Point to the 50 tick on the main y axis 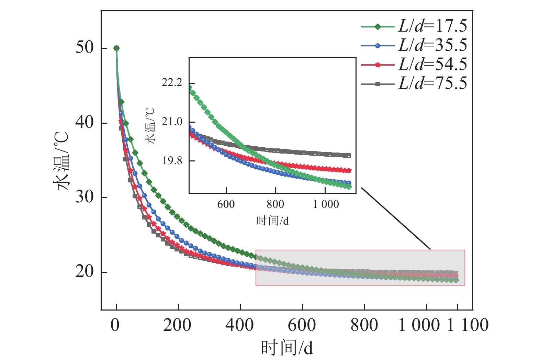[84, 48]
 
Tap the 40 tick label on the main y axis [84, 123]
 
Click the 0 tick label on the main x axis [115, 325]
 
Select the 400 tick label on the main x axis [240, 325]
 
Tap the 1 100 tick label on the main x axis [468, 325]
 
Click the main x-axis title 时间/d [287, 348]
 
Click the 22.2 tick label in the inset [172, 83]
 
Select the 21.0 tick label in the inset [172, 122]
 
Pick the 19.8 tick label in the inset [172, 161]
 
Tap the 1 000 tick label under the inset [326, 204]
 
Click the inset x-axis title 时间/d [272, 221]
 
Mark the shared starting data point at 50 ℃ [116, 48]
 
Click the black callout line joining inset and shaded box [396, 218]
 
